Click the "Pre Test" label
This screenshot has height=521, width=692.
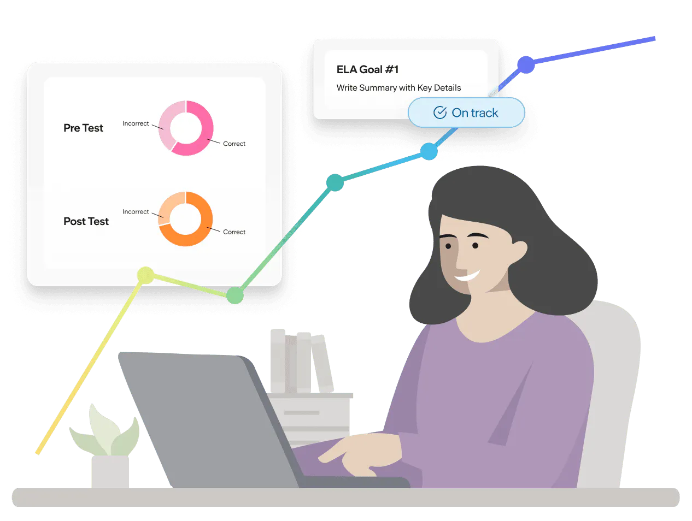coord(83,128)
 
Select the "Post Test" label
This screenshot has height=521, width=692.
coord(86,221)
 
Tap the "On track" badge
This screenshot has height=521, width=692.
coord(466,113)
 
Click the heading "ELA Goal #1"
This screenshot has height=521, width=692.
coord(367,69)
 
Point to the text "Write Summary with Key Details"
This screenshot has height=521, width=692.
coord(398,87)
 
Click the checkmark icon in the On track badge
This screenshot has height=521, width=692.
coord(440,113)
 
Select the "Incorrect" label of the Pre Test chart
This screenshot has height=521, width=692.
coord(136,123)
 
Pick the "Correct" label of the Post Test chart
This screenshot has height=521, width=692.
coord(234,232)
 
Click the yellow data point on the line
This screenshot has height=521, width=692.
coord(145,275)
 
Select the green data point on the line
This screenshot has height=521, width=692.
coord(235,295)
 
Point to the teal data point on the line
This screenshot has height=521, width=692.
coord(335,182)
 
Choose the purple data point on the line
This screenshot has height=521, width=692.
coord(526,64)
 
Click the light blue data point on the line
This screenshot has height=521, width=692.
coord(429,151)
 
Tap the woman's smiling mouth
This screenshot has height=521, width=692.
coord(467,276)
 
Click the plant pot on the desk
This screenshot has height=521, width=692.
coord(110,471)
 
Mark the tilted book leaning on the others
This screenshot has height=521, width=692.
coord(322,363)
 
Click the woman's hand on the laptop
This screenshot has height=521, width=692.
coord(356,454)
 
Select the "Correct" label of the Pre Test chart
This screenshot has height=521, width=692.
coord(234,144)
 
